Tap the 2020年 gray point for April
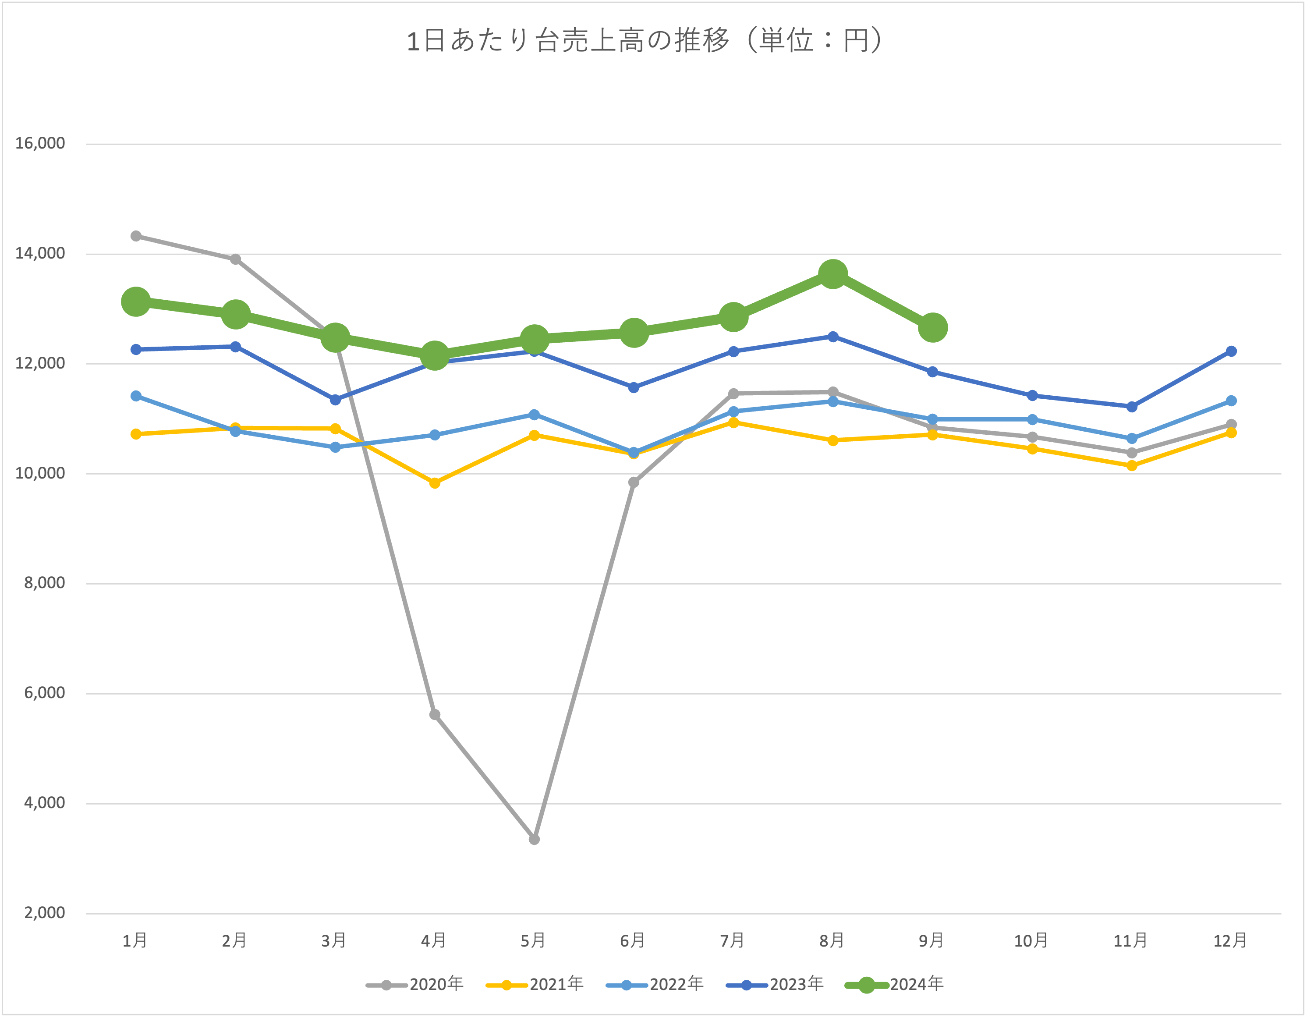435,715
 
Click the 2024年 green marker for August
832,274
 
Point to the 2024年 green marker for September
932,327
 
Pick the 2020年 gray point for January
136,236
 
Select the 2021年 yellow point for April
435,483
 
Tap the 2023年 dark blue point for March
335,400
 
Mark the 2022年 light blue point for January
136,396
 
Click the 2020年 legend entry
415,984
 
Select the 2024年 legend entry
895,984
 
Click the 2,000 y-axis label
44,913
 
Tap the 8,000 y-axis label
44,583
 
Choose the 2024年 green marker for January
136,301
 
